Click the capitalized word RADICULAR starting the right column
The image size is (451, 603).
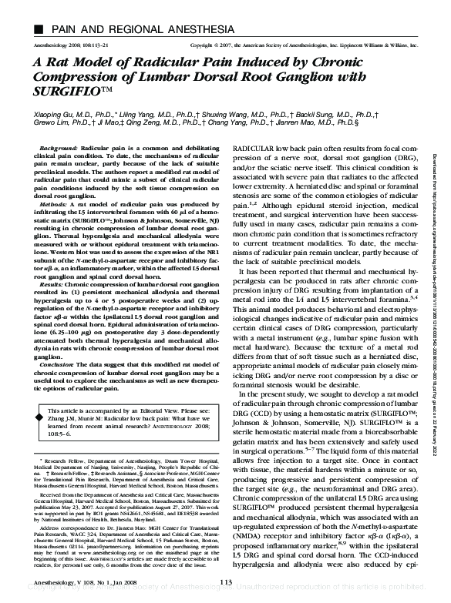[x=258, y=146]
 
